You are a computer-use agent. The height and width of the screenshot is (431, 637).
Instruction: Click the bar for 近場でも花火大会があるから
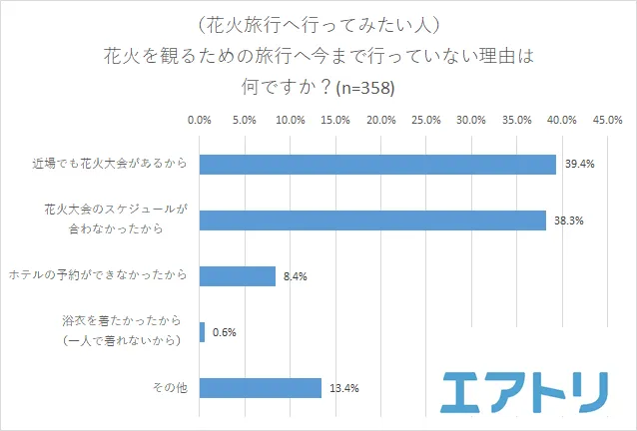pos(377,165)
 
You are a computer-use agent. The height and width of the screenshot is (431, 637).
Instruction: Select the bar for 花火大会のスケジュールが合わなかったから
pos(372,220)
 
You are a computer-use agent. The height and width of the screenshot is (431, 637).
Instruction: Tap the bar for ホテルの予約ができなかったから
pos(238,276)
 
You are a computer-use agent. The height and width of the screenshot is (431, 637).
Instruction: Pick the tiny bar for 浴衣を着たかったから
pos(203,332)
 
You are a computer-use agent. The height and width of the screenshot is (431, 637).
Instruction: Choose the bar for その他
pos(261,388)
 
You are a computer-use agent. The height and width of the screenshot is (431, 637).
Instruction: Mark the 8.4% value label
pos(295,276)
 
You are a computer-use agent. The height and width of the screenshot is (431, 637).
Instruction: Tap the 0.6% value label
pos(224,332)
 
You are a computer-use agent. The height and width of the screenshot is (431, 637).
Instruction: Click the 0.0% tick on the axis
pos(200,121)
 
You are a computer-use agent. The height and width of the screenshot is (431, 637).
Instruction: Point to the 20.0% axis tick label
pos(381,121)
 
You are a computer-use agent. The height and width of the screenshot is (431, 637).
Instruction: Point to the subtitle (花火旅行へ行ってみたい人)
pos(318,22)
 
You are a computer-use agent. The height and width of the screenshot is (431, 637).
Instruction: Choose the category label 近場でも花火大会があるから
pos(109,165)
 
